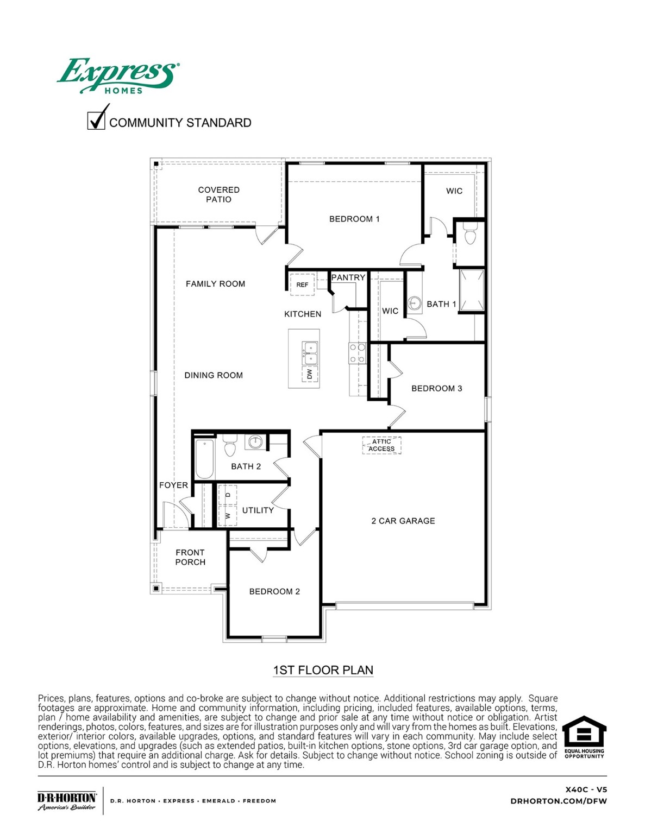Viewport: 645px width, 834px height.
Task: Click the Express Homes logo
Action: pos(118,76)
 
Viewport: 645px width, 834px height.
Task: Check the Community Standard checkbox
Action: pos(96,119)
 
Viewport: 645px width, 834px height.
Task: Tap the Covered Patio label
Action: pos(218,194)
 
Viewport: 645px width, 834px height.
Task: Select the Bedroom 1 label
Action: pos(354,219)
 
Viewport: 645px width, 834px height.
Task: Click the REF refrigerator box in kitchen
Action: pos(302,285)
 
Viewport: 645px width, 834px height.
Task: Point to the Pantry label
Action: pos(348,277)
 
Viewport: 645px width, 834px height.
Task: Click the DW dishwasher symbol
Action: pos(310,374)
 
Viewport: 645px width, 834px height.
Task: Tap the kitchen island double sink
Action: pos(310,353)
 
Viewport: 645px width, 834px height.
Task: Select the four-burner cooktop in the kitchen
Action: pos(357,353)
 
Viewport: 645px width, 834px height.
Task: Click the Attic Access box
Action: pos(381,445)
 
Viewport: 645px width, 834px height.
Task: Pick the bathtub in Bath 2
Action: pos(204,459)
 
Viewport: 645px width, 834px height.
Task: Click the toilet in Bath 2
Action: pos(230,446)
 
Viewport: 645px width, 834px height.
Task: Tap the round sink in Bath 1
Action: pos(415,303)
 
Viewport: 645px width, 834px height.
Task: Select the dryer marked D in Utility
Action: pos(228,495)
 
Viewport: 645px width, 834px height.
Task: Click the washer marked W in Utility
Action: pos(228,515)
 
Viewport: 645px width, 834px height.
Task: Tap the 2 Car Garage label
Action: pos(403,521)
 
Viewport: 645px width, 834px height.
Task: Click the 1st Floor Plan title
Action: pos(323,670)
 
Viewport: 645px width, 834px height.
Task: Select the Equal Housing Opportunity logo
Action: pos(584,737)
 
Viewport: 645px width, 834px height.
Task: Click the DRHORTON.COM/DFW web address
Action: pos(559,801)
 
